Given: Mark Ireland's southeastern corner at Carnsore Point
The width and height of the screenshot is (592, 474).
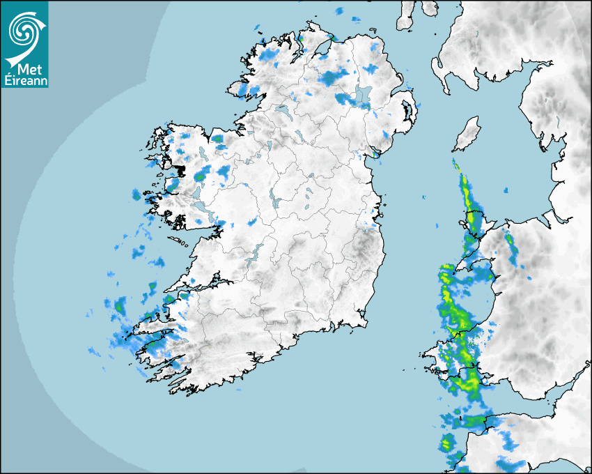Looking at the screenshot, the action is pos(365,321).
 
